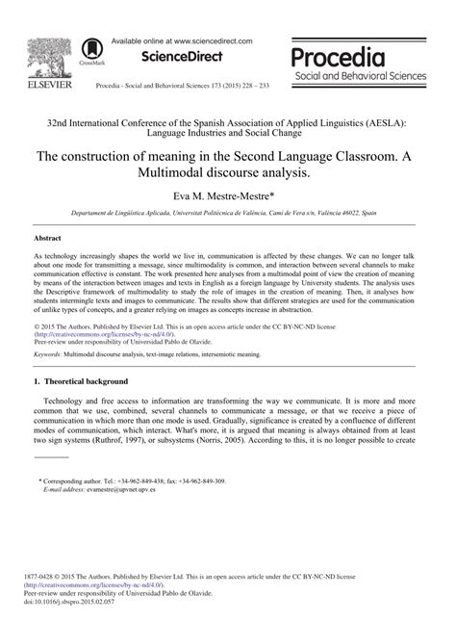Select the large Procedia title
pos(366,55)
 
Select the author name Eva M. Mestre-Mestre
pos(227,197)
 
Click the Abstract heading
pos(48,236)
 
